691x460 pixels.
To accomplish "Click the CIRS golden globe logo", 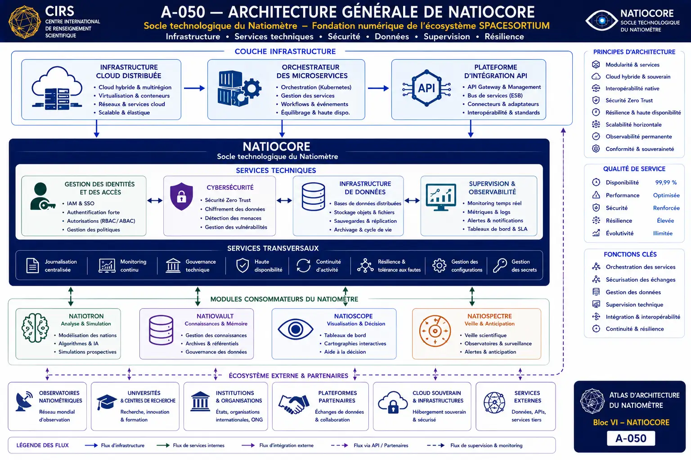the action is coord(25,22).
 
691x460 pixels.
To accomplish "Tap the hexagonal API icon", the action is coord(426,88).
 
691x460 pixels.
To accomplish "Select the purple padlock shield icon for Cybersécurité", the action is coord(181,196).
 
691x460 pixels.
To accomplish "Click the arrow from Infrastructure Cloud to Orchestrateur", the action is coord(194,88).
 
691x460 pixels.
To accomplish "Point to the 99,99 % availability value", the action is coord(666,182).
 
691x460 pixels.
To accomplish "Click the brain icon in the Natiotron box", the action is coord(35,328).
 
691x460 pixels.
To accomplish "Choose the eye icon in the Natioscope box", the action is coord(295,329).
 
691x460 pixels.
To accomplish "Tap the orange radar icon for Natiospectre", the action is coord(435,331).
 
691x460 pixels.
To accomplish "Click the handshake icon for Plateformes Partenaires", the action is coord(294,403).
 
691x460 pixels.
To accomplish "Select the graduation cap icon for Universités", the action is coord(107,402).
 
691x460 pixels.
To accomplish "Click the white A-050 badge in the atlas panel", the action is coord(631,438).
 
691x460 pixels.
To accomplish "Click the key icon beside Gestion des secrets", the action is coord(500,265).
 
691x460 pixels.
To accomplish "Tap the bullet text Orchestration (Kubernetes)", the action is coord(316,87).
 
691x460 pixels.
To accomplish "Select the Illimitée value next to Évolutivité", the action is coord(663,233).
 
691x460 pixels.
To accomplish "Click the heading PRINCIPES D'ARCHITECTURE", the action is coord(634,52).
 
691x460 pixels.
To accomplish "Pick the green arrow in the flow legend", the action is coord(163,445).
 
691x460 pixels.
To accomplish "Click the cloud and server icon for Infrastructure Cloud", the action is coord(57,88).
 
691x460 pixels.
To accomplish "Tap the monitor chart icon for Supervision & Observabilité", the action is coord(441,197).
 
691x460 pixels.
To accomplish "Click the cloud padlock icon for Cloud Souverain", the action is coord(392,402).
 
